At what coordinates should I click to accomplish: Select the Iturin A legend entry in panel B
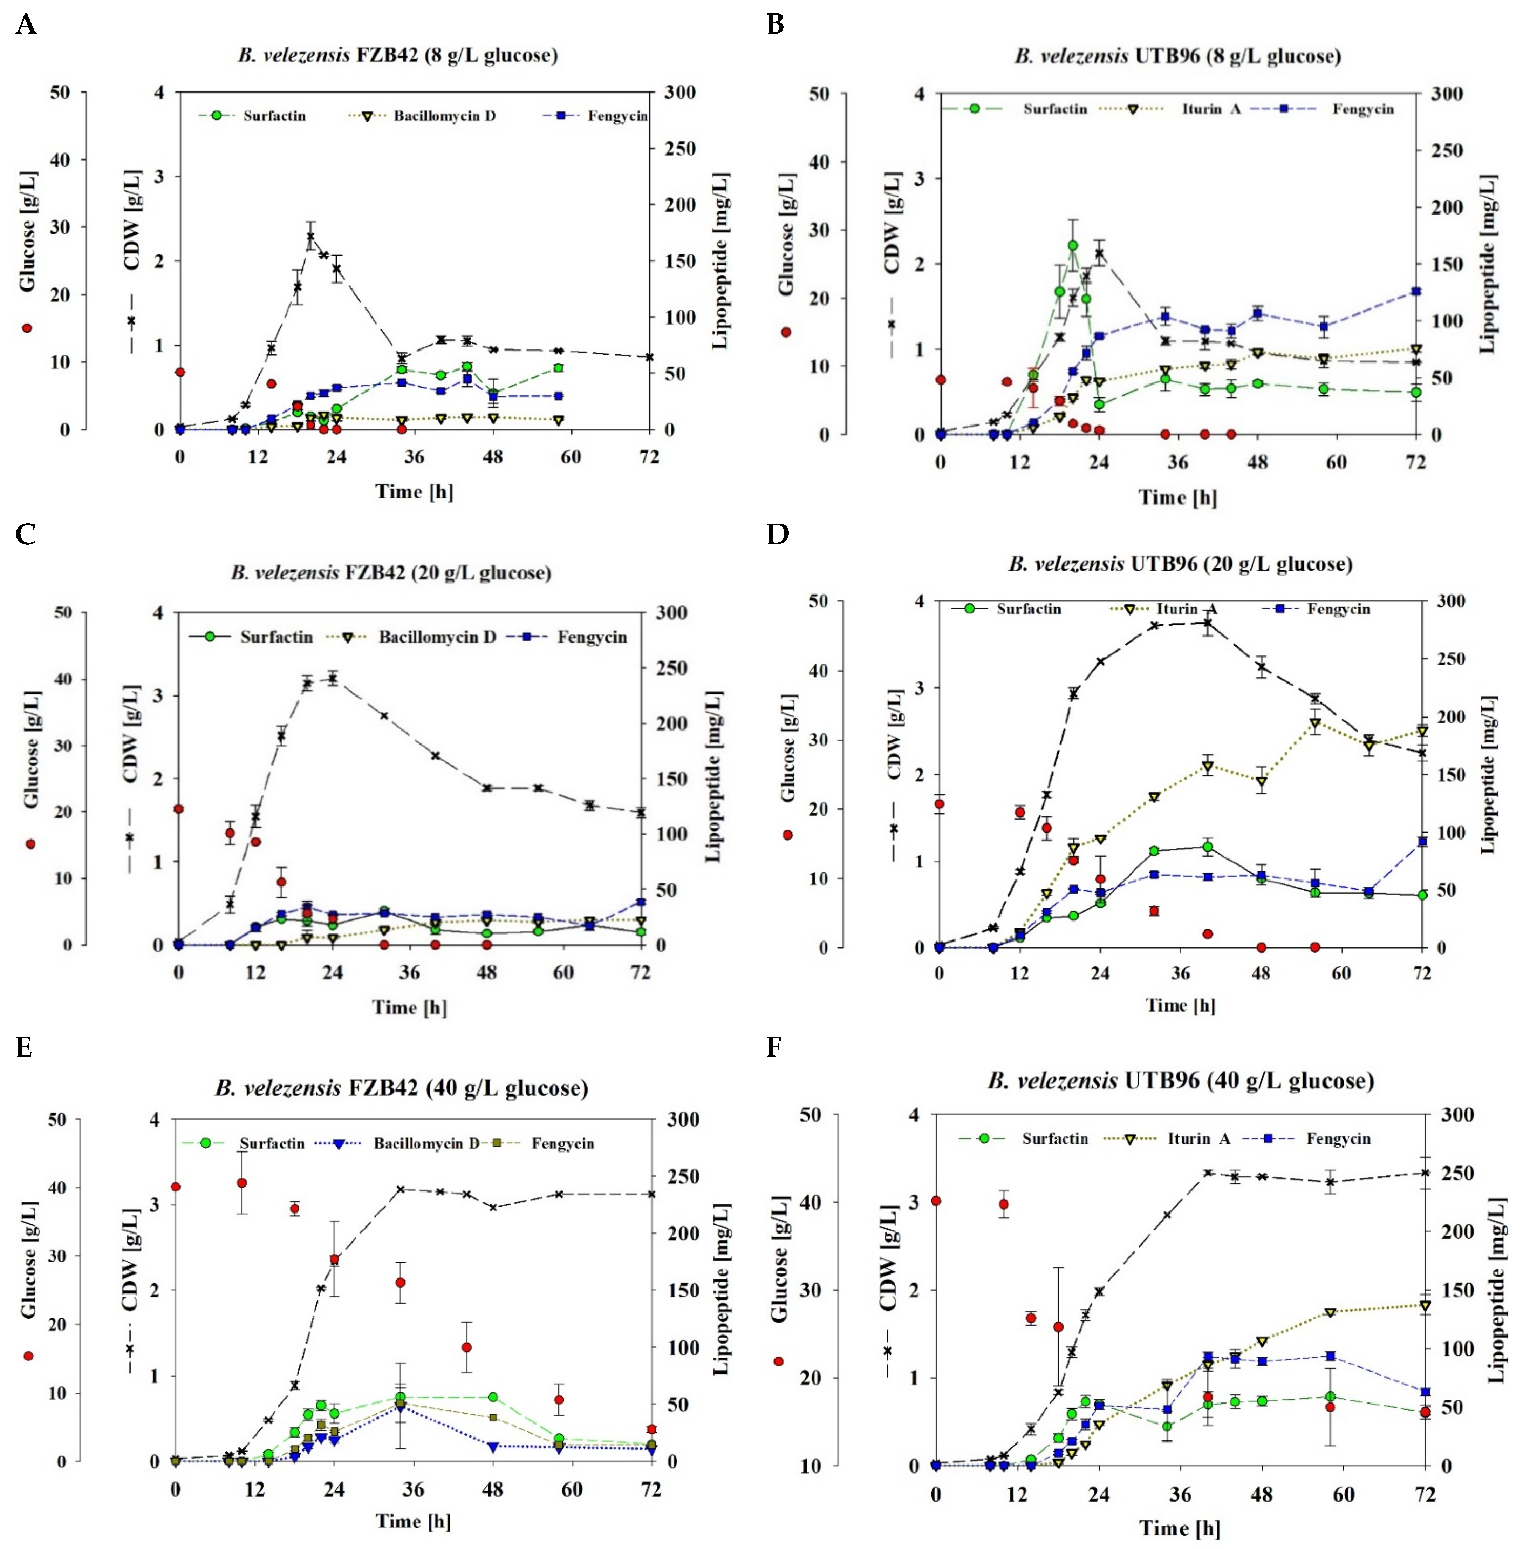1210,109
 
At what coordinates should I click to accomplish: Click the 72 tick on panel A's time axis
649,457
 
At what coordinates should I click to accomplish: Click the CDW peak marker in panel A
310,237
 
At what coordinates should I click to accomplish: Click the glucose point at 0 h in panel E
176,1187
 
